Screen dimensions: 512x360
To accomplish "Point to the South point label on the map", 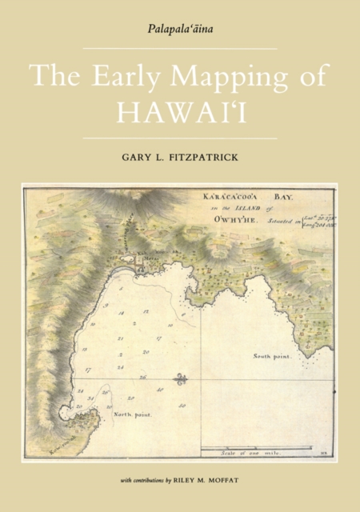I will point(273,355).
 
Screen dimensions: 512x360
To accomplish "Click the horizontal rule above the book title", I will point(180,50).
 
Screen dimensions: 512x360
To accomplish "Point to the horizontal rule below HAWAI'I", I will point(180,138).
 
